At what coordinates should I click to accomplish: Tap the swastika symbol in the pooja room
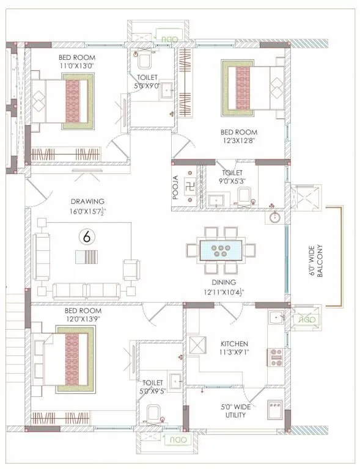189,184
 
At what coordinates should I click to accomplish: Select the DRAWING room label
87,201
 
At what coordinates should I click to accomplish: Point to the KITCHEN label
234,343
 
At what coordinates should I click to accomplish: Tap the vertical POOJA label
175,186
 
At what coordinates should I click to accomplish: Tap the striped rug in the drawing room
86,256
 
